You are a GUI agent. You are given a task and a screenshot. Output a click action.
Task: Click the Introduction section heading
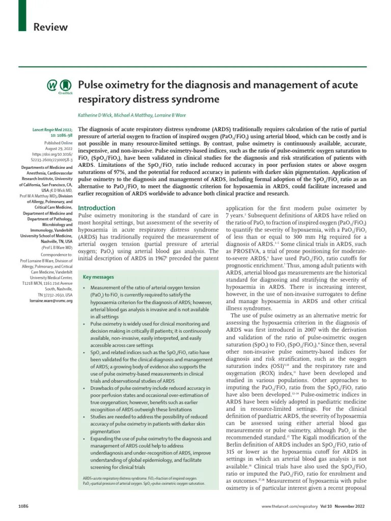[x=96, y=208]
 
